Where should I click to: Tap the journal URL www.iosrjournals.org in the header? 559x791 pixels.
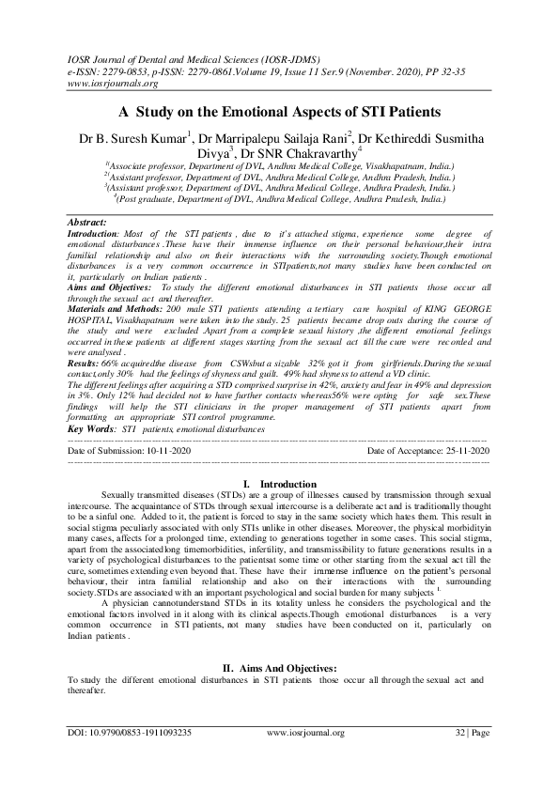[108, 81]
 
